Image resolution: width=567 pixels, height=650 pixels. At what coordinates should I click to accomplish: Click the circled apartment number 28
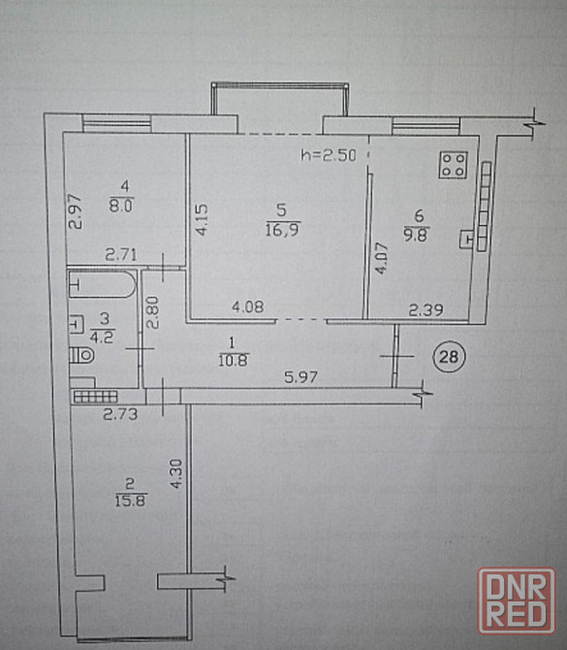[x=449, y=356]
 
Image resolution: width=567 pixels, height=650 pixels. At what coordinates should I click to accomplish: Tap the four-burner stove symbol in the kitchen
[x=453, y=165]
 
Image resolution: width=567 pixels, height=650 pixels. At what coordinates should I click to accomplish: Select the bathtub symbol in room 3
[x=103, y=284]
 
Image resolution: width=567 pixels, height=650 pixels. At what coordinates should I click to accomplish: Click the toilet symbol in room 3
[x=81, y=355]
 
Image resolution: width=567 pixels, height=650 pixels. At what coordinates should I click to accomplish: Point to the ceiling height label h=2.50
[x=329, y=155]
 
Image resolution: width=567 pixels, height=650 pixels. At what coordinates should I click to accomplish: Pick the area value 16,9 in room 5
[x=283, y=229]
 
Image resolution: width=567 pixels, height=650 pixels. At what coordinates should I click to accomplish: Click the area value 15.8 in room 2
[x=131, y=501]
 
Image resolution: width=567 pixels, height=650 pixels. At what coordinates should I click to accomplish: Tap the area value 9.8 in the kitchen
[x=416, y=235]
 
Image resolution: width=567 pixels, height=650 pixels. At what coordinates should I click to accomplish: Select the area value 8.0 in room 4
[x=121, y=206]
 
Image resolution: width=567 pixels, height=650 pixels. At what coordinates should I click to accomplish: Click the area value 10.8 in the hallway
[x=234, y=360]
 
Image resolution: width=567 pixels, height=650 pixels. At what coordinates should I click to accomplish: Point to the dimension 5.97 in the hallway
[x=301, y=376]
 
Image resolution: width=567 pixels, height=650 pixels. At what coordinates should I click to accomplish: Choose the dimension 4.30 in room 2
[x=176, y=473]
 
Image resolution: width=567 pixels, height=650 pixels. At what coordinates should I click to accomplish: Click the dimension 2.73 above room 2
[x=120, y=414]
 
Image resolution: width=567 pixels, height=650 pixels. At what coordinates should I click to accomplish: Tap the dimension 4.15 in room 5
[x=202, y=219]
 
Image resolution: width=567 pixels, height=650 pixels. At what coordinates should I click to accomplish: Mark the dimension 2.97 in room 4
[x=76, y=212]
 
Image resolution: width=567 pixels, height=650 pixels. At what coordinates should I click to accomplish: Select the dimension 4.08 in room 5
[x=248, y=308]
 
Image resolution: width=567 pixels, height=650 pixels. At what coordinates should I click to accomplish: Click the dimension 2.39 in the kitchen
[x=426, y=309]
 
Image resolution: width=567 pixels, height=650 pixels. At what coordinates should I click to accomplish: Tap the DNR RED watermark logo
[x=517, y=601]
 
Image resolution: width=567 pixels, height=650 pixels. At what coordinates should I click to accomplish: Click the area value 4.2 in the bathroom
[x=102, y=337]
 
